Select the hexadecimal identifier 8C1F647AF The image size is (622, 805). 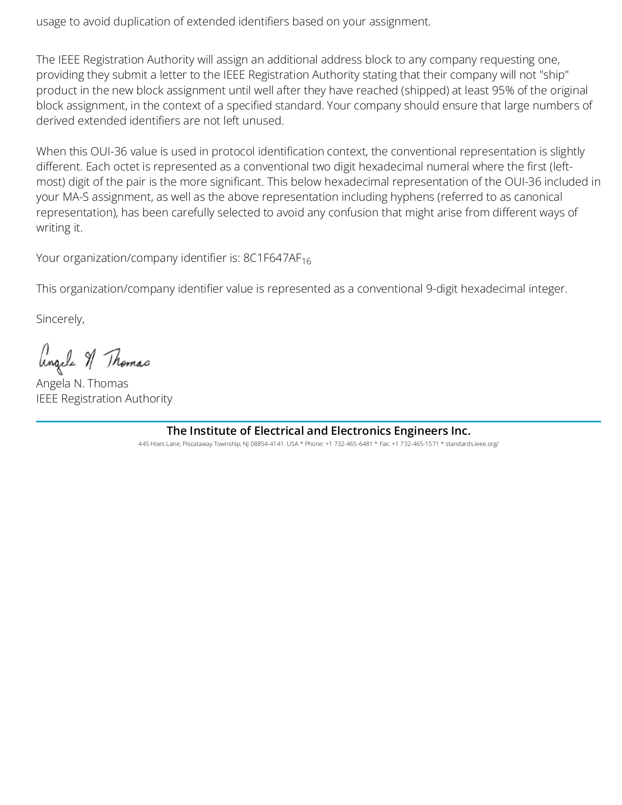coord(272,258)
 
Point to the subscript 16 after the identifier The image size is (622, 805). coord(306,262)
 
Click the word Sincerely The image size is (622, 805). coord(60,319)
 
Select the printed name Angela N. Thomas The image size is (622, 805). coord(82,383)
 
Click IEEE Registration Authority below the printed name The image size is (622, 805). coord(104,399)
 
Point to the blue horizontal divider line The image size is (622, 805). coord(318,421)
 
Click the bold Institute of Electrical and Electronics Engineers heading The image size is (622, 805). coord(318,431)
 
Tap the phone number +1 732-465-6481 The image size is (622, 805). coord(349,444)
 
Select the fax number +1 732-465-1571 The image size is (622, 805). coord(415,444)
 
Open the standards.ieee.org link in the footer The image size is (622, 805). coord(472,444)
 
